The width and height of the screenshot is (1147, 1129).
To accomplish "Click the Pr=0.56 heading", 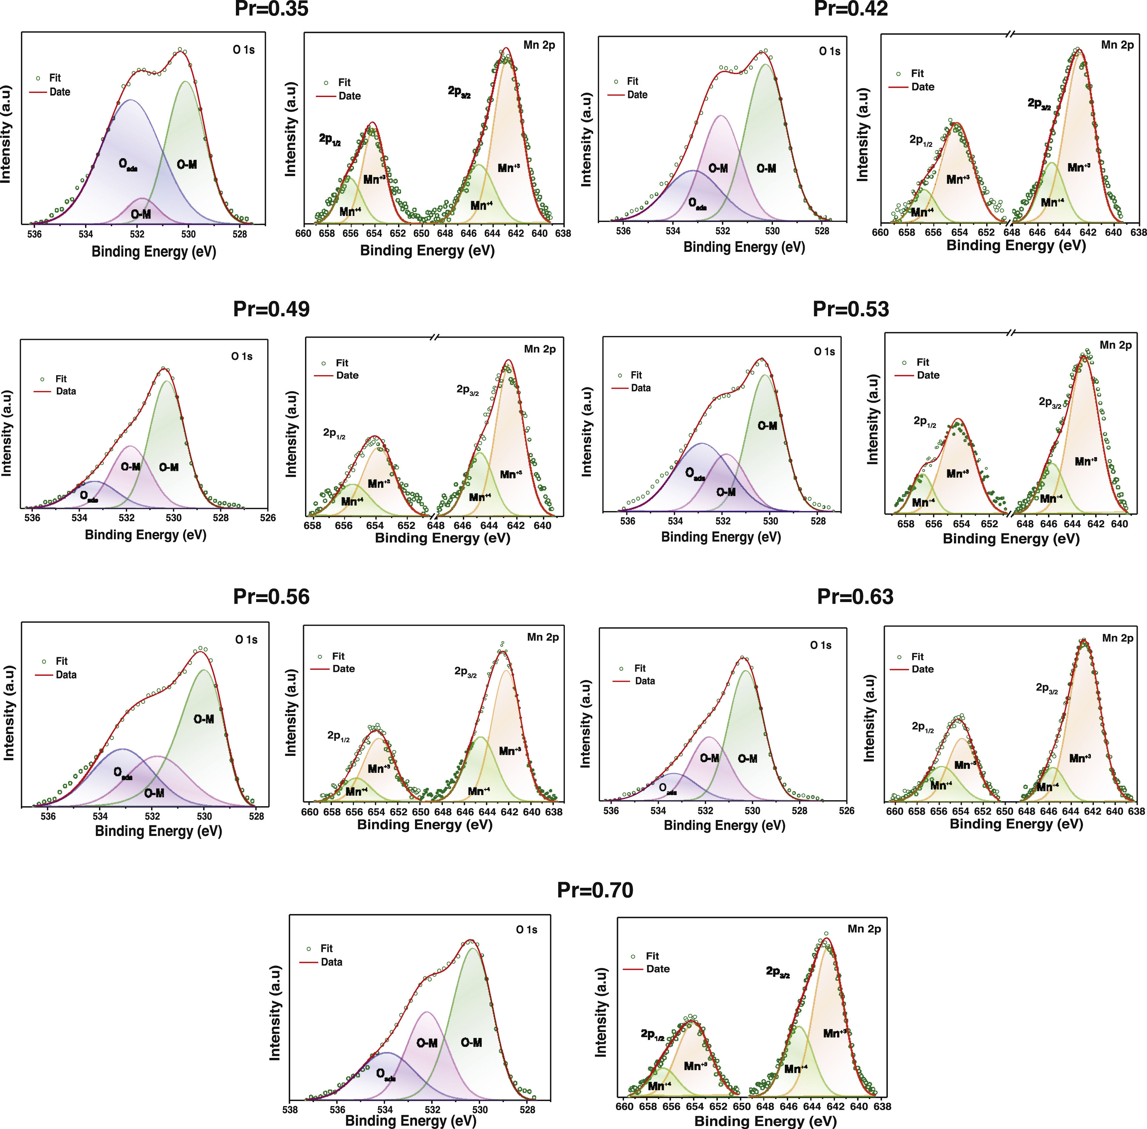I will [x=271, y=596].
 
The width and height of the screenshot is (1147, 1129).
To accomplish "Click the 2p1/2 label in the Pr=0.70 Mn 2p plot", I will [x=652, y=1035].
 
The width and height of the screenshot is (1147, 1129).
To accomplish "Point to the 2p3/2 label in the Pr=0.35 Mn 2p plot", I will [x=459, y=92].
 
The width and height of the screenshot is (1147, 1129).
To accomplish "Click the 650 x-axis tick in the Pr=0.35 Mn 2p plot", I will [x=421, y=234].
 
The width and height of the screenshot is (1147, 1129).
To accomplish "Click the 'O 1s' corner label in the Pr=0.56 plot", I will [x=246, y=640].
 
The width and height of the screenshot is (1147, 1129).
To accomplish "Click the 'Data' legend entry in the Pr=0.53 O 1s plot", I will [x=641, y=388].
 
